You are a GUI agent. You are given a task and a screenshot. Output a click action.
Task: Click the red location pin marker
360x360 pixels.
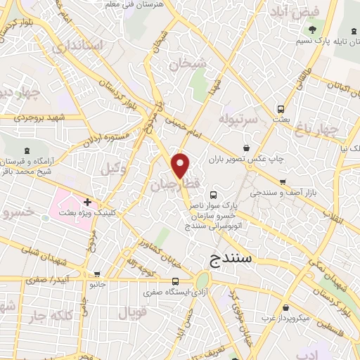click(181, 165)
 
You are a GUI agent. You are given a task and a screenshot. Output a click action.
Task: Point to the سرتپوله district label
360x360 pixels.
click(240, 115)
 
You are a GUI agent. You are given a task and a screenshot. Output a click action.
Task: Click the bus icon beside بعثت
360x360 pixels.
click(281, 109)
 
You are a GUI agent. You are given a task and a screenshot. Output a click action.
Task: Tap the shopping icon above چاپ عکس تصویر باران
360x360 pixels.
click(246, 148)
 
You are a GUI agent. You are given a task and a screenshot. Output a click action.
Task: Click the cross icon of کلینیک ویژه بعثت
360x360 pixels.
click(87, 202)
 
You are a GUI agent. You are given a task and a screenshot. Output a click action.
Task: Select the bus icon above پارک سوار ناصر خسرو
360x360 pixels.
click(214, 195)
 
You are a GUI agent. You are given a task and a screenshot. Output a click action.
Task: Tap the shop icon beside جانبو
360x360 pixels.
click(97, 274)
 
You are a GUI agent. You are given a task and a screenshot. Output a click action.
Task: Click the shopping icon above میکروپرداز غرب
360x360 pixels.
click(284, 308)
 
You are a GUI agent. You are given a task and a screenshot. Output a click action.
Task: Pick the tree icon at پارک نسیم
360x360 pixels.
click(312, 30)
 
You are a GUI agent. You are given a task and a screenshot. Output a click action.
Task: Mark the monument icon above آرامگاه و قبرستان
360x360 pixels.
click(27, 150)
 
